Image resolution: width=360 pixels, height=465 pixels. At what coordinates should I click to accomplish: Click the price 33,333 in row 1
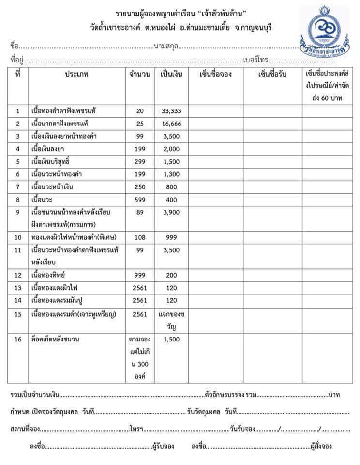(x=171, y=111)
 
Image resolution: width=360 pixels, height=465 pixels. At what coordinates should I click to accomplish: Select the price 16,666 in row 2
(x=171, y=124)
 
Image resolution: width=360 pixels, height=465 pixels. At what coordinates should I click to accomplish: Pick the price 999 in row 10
(x=171, y=237)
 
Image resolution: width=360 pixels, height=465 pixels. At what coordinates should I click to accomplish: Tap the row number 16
(x=18, y=340)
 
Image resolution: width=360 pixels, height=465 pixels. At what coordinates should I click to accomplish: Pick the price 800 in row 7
(x=171, y=186)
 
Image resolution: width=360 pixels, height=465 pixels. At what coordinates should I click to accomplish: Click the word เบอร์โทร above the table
(x=256, y=61)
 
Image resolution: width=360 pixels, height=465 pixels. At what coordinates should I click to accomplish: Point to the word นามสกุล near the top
(x=166, y=46)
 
